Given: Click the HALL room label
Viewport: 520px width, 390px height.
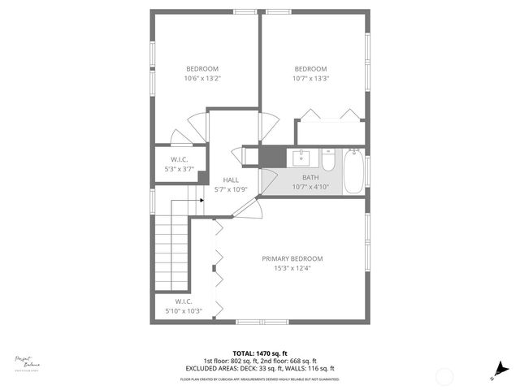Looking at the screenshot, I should tap(231, 180).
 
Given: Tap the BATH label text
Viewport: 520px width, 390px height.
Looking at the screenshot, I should tap(310, 177).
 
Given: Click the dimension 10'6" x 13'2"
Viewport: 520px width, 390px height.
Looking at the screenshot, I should tap(202, 79).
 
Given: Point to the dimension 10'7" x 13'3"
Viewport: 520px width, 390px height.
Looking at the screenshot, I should tap(310, 79).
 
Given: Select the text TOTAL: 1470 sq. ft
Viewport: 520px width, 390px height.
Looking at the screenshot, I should tap(259, 353).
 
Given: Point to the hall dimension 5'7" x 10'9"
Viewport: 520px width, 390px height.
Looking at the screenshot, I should tap(231, 190).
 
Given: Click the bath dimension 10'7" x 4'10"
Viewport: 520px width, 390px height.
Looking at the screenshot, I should tap(310, 186).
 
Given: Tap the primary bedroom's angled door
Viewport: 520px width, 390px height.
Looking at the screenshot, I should tap(244, 206).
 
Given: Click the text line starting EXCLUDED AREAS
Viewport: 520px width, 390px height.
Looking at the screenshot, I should tap(259, 368).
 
